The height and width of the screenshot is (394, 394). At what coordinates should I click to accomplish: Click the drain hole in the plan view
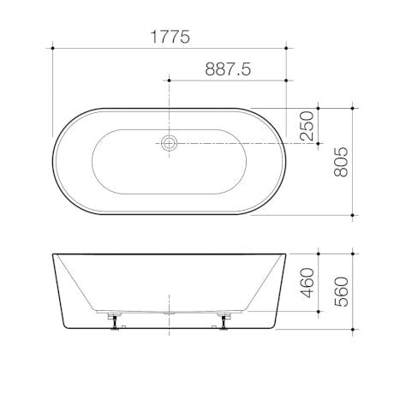pyautogui.click(x=170, y=144)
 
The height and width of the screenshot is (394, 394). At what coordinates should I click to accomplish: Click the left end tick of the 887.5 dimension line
pyautogui.click(x=170, y=81)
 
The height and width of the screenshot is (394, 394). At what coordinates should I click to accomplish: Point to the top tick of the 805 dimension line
pyautogui.click(x=354, y=108)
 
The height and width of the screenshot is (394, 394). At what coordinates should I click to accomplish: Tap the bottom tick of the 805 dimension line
pyautogui.click(x=354, y=212)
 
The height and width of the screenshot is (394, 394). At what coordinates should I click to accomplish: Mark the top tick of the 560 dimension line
pyautogui.click(x=354, y=254)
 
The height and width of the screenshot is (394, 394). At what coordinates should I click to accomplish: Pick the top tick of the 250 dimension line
pyautogui.click(x=319, y=108)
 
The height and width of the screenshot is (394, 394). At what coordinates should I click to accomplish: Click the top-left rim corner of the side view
pyautogui.click(x=53, y=254)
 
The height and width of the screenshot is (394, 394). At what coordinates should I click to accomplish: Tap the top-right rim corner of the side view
pyautogui.click(x=286, y=254)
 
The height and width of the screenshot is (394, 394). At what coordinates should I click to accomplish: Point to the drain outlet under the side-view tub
pyautogui.click(x=170, y=313)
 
